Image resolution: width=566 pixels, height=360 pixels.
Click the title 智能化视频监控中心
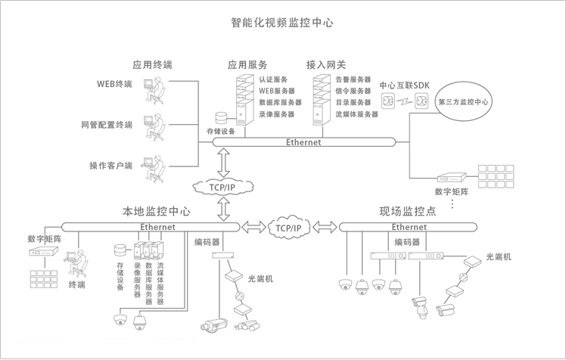coord(282,23)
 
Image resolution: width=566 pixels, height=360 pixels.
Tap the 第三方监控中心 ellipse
coord(463,101)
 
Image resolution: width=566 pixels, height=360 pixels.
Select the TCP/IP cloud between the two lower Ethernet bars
coord(288,228)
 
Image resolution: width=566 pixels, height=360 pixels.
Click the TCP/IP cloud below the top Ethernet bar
coord(222,187)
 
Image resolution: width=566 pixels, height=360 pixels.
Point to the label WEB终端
coord(114,84)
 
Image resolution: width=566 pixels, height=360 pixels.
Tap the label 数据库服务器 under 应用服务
coord(280,102)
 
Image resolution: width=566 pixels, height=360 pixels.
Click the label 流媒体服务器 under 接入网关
coord(356,114)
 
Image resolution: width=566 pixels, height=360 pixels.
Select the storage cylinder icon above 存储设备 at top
coord(221,118)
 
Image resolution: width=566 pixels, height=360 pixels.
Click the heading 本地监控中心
coord(157,211)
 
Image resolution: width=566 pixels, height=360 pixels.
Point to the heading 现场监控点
coord(408,211)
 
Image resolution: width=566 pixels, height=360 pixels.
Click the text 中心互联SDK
coord(404,85)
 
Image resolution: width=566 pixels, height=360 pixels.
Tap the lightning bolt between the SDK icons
coord(404,101)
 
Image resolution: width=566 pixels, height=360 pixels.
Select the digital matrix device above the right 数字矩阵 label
coord(452,177)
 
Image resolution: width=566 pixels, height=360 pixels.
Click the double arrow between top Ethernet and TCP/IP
coord(223,163)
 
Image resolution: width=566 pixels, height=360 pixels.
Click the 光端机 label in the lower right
coord(499,257)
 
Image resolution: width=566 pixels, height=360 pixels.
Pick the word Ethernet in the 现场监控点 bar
coord(409,227)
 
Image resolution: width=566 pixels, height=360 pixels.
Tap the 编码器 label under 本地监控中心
coord(207,242)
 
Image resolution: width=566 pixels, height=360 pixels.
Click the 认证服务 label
coord(273,79)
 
